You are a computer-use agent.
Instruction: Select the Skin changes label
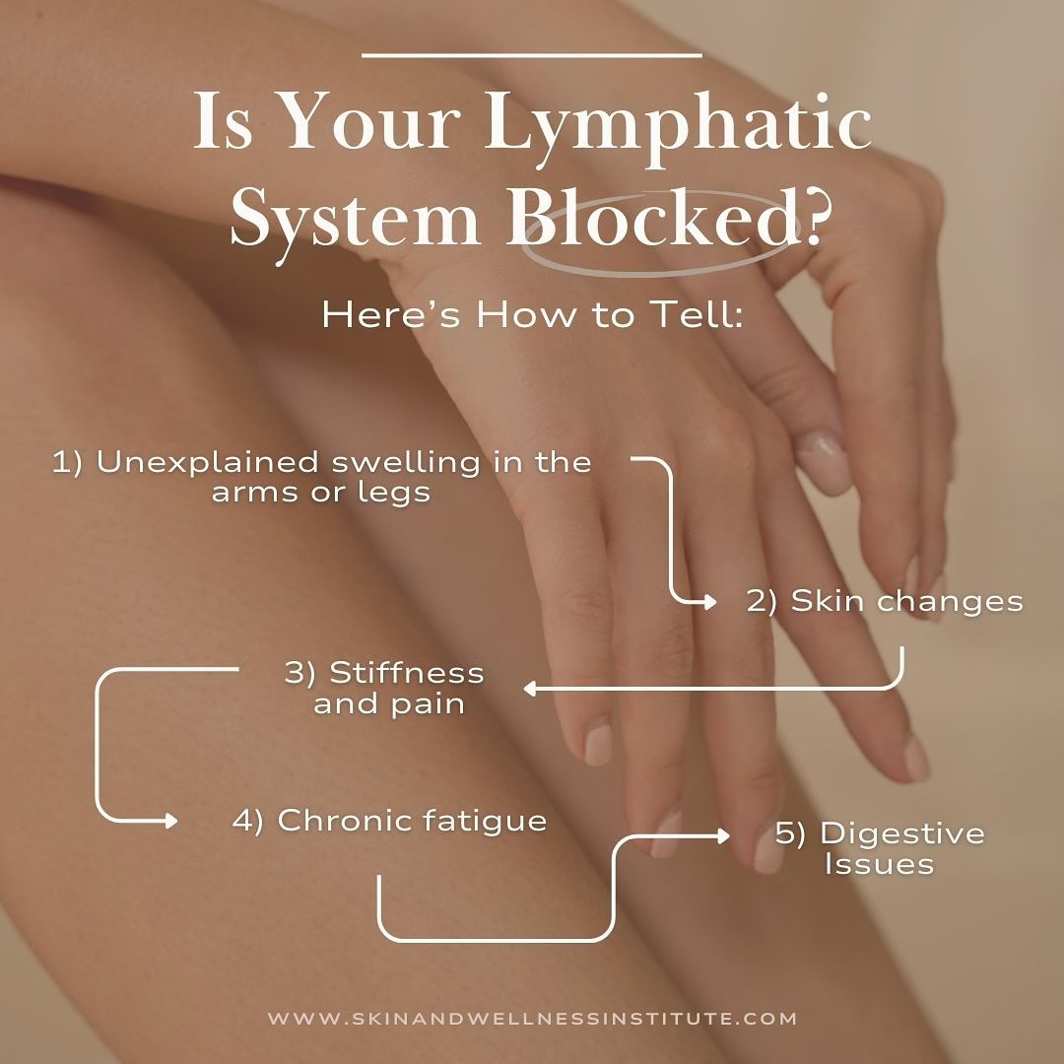(x=884, y=601)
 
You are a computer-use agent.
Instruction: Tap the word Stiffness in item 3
(x=406, y=673)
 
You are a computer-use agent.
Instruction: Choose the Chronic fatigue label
(x=389, y=821)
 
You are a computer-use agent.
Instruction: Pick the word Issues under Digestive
(x=879, y=865)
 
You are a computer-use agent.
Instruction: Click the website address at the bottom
(x=532, y=1019)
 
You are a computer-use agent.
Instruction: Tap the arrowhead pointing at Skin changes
(x=709, y=600)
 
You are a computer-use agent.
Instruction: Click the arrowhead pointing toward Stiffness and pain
(x=529, y=689)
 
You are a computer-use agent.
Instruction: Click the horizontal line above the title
(x=532, y=55)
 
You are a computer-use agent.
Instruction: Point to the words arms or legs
(x=321, y=492)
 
